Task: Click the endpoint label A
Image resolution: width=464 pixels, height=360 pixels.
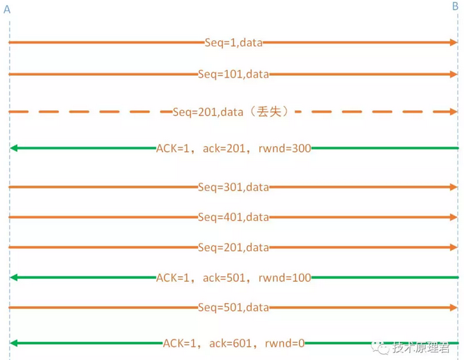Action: point(7,8)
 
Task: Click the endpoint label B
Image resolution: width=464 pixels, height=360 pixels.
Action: point(455,6)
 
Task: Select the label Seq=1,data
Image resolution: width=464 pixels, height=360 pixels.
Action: point(233,42)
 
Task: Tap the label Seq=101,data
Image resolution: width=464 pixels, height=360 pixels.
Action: point(233,73)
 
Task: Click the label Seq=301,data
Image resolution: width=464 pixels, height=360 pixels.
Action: point(233,187)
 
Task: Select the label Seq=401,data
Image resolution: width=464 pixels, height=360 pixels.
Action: point(233,217)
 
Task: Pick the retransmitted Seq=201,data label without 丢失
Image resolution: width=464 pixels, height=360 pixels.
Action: point(233,247)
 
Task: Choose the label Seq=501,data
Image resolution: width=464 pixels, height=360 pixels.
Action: point(233,307)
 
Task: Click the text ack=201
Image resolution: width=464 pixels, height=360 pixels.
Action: point(224,148)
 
